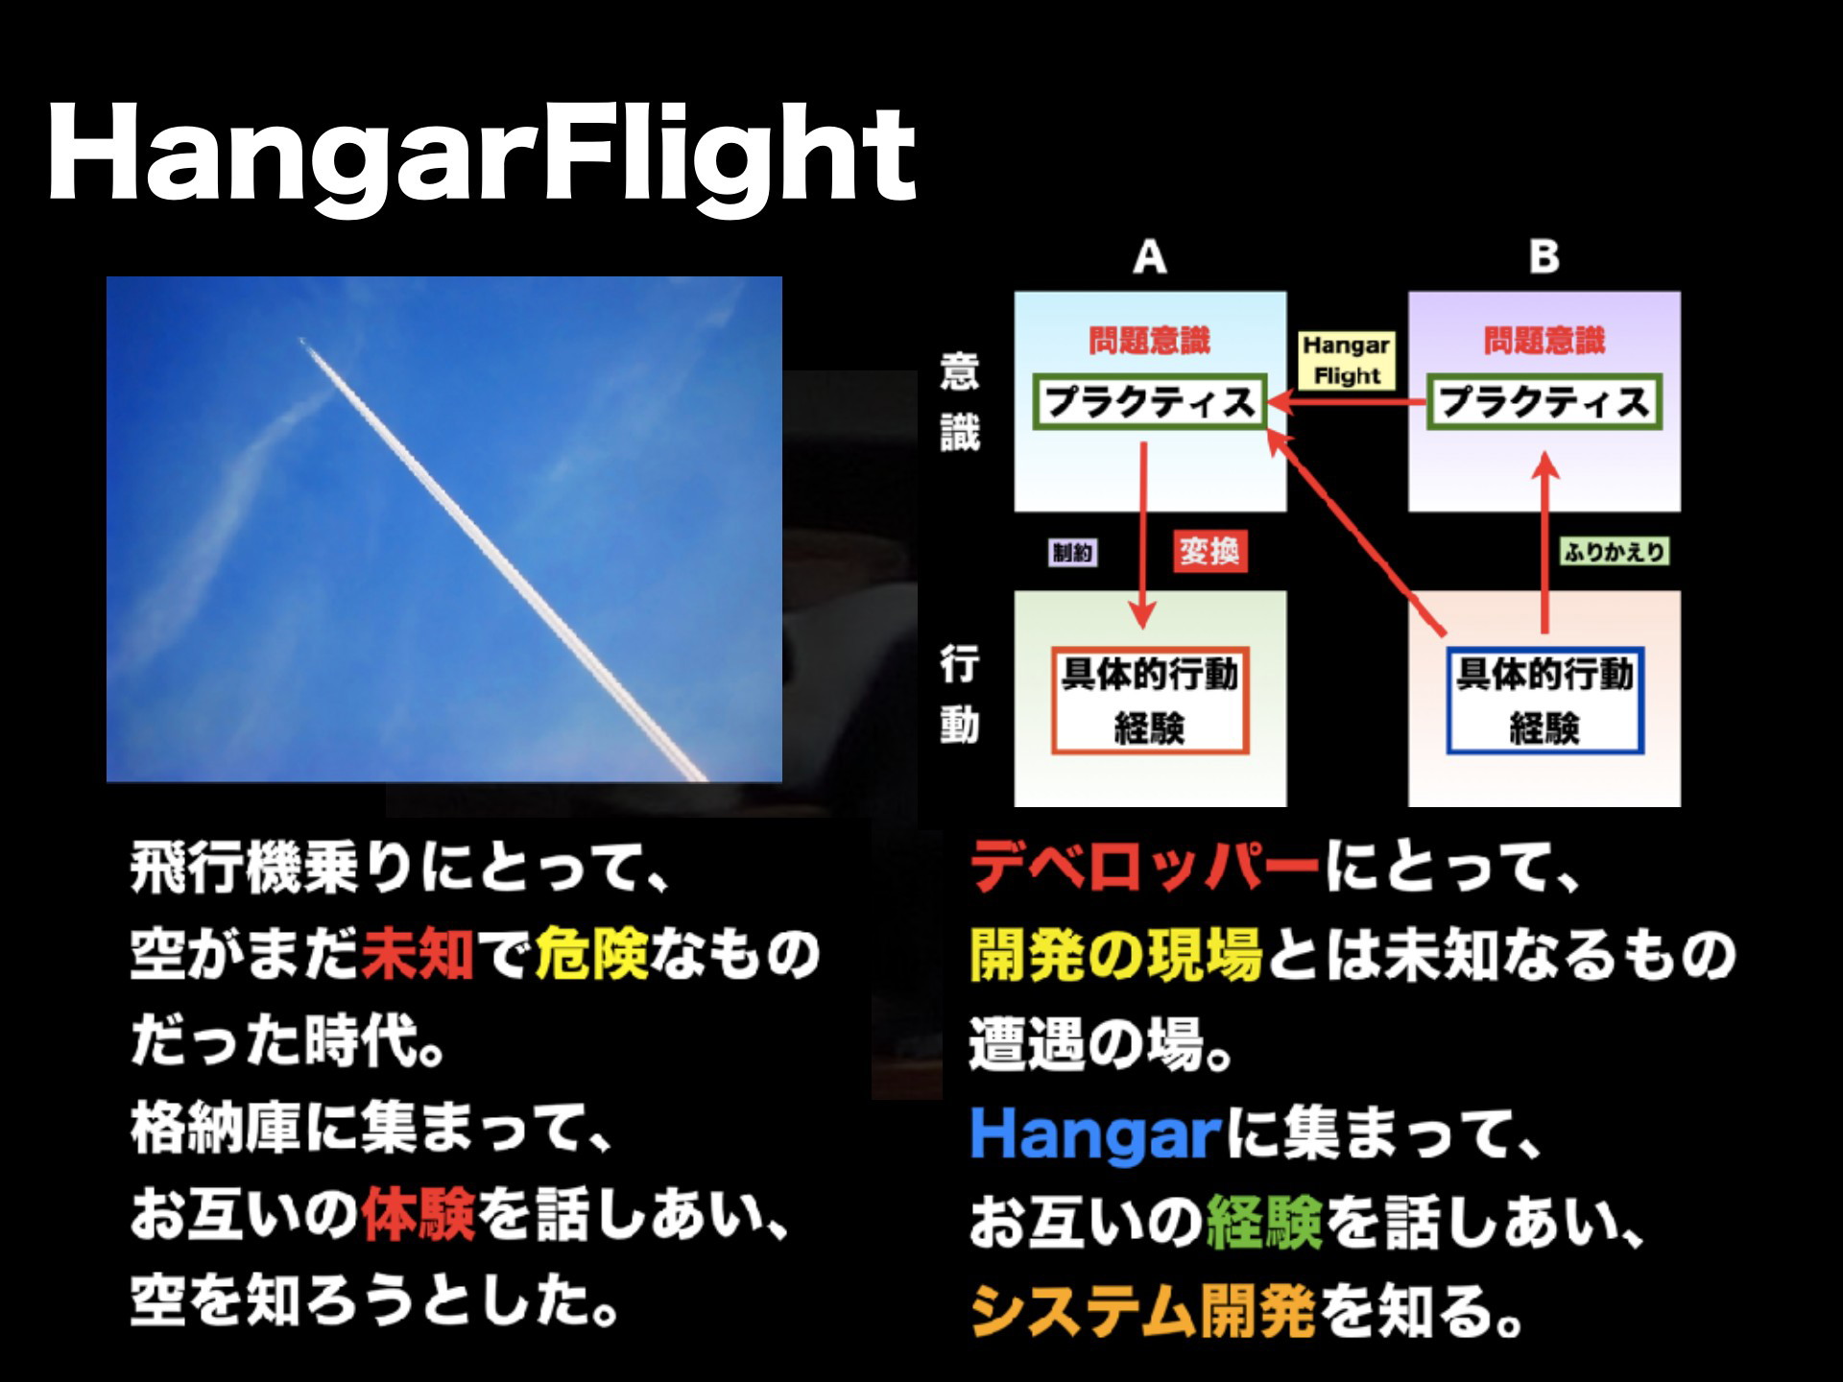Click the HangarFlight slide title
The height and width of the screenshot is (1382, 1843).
point(481,156)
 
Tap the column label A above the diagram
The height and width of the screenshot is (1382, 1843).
point(1150,257)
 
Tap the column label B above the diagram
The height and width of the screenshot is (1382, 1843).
point(1544,257)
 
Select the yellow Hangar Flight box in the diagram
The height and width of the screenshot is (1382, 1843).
point(1346,360)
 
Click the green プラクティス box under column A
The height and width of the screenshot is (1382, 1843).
point(1150,402)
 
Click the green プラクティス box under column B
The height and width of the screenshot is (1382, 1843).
point(1544,402)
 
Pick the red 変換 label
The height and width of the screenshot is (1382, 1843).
point(1209,552)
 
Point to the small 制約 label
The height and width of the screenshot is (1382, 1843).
point(1072,552)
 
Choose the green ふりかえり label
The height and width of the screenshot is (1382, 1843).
point(1614,552)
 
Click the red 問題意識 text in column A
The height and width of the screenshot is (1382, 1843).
point(1150,341)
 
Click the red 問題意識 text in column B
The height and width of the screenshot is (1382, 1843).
point(1544,341)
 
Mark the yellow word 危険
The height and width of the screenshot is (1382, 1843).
point(590,955)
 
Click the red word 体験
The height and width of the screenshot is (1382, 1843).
point(419,1216)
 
